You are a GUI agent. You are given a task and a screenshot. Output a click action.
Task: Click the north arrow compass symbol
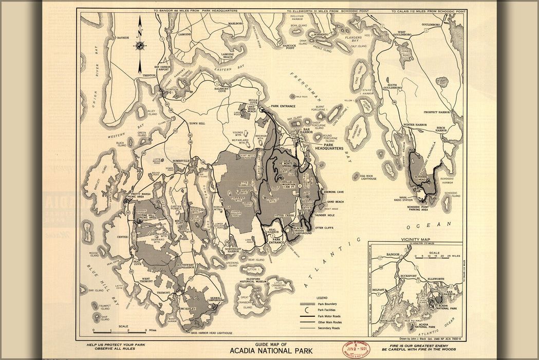tap(140, 45)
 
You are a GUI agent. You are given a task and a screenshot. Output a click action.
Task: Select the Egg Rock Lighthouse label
tap(368, 177)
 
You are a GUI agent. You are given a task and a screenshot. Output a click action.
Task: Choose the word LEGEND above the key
tap(322, 298)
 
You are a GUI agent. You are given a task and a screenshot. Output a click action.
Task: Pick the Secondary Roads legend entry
tap(329, 328)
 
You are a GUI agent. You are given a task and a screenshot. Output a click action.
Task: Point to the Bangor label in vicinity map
tap(394, 255)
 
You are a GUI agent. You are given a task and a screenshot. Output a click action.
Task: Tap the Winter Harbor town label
tap(416, 125)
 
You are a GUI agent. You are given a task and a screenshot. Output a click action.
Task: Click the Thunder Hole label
tap(324, 215)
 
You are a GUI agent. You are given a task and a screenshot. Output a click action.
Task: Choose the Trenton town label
tap(149, 76)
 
